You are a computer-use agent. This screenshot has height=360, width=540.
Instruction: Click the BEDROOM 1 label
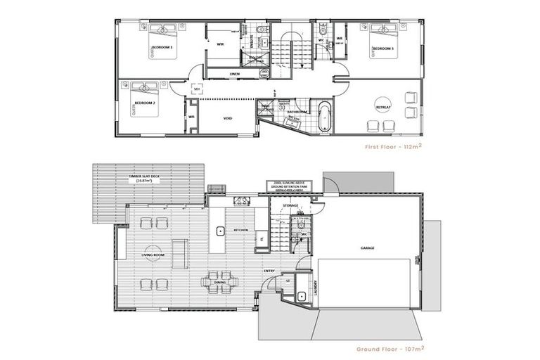(x=162, y=47)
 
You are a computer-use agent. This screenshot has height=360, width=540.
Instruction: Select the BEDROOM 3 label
(x=382, y=48)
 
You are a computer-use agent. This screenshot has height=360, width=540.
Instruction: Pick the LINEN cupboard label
(x=236, y=74)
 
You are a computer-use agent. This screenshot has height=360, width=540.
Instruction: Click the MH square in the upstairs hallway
(x=197, y=89)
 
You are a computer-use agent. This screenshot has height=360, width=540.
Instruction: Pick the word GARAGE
(x=368, y=248)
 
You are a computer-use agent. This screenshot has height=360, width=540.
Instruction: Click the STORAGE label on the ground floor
(x=290, y=205)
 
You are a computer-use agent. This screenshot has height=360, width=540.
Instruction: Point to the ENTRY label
(x=269, y=270)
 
